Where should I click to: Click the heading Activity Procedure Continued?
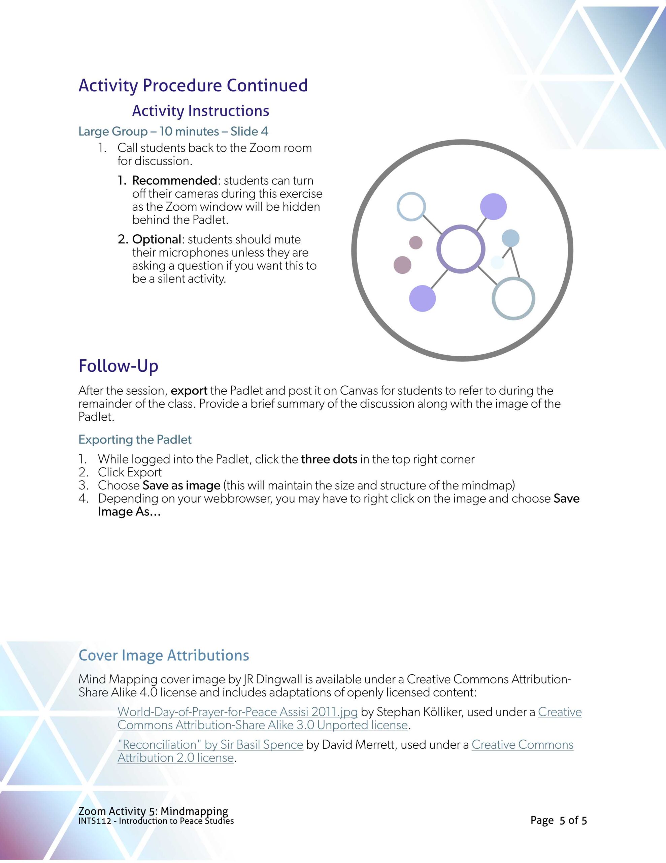point(193,85)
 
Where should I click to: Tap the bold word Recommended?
point(174,181)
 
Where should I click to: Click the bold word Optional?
point(156,239)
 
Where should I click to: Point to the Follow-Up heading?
point(119,366)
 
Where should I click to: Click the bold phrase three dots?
point(329,459)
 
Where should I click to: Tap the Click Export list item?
point(130,472)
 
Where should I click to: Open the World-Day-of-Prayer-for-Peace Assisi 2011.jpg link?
point(237,712)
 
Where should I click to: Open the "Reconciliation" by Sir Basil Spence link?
point(210,745)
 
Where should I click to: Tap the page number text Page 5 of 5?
point(558,820)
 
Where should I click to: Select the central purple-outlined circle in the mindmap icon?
point(461,249)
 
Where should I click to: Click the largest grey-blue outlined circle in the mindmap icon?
point(513,299)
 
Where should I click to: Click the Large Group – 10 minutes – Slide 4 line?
point(173,131)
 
